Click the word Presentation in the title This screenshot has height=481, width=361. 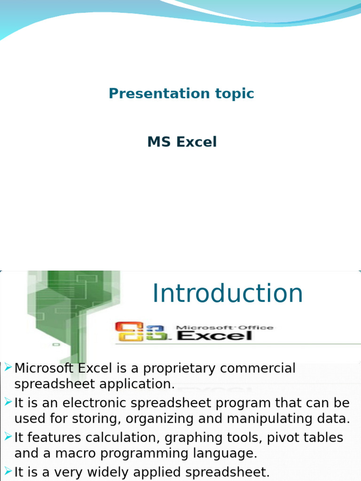[159, 93]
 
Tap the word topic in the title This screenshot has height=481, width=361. [235, 94]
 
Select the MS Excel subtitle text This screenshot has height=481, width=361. [182, 142]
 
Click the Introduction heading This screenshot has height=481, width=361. [228, 293]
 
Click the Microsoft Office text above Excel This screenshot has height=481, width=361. [224, 327]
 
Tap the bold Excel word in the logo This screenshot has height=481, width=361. [214, 335]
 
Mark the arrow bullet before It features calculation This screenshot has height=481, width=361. [8, 436]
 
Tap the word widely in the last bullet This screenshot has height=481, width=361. [109, 473]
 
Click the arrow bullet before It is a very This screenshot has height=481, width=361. [8, 471]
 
